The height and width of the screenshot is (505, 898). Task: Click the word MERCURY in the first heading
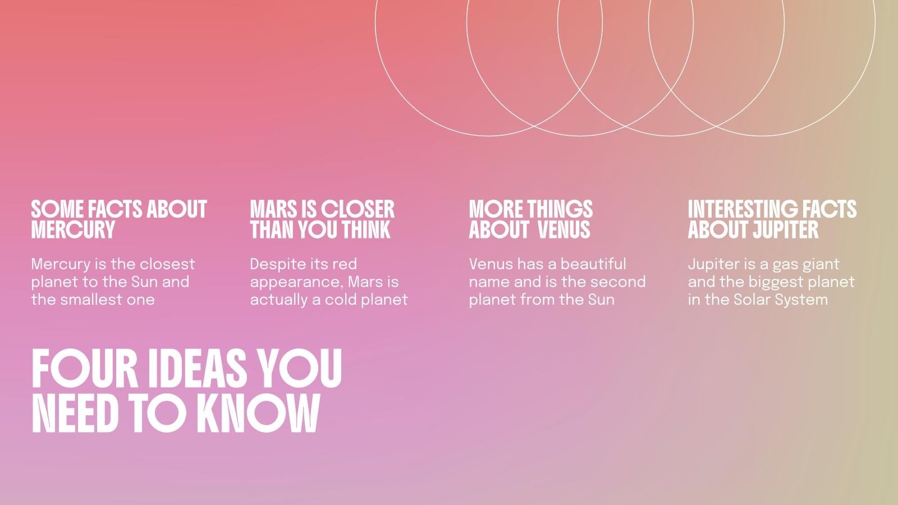tap(73, 229)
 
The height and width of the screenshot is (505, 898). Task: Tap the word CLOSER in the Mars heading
tap(358, 209)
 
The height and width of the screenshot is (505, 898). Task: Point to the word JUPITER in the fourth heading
tap(785, 229)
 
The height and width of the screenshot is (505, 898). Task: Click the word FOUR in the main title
tap(85, 369)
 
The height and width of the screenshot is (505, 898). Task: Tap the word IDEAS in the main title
tap(197, 369)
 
